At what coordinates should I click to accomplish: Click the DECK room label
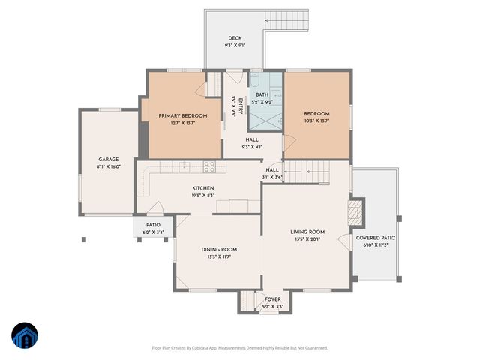tap(235, 38)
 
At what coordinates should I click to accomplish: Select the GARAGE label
tap(109, 159)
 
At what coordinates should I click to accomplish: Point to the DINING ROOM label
tap(218, 249)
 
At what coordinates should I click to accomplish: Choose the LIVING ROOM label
tap(307, 232)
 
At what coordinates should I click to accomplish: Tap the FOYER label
tap(273, 298)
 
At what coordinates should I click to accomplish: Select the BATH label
tap(262, 95)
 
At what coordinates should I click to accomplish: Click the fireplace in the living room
tap(357, 212)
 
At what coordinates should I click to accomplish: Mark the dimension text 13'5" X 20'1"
tap(307, 241)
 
